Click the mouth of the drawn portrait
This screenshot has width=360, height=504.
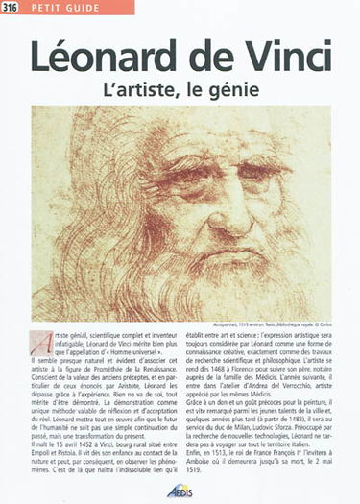point(187,252)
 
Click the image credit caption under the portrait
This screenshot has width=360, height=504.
point(282,325)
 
